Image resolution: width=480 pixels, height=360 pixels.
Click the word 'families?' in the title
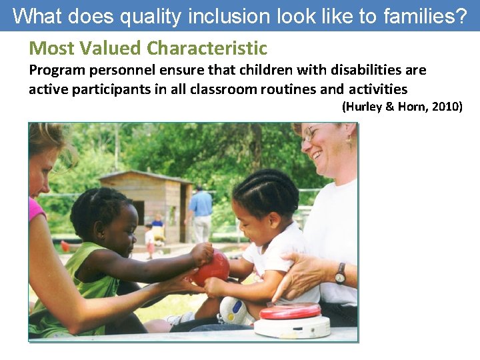coord(424,16)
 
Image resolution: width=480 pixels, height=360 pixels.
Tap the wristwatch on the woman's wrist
coord(340,273)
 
